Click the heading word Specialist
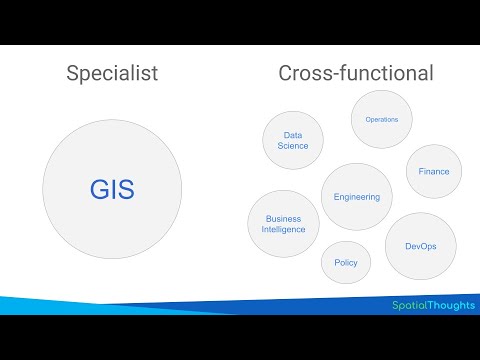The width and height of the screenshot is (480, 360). point(112,73)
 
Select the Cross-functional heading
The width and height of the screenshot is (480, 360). point(355,73)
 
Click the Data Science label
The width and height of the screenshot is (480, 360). point(293,140)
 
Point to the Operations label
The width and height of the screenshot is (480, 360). point(382,119)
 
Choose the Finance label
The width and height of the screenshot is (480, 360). point(434,171)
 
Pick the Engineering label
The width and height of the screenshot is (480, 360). point(357,197)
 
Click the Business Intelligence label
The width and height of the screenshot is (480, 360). point(283,224)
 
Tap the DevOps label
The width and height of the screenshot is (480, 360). point(420,245)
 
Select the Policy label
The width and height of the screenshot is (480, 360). point(346,262)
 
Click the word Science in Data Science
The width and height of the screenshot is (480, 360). point(293,146)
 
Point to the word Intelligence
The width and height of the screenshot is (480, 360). point(283,230)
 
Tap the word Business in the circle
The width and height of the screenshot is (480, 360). point(283,218)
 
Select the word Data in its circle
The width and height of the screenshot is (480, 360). point(293,134)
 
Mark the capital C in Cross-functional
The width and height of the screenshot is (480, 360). point(285,73)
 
